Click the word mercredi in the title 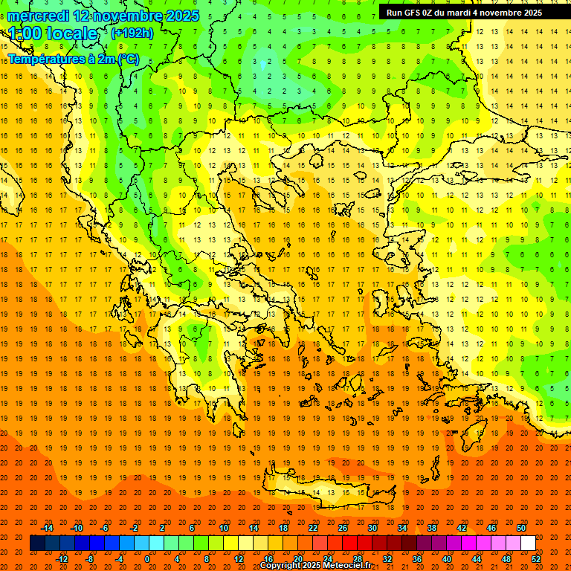click(x=39, y=16)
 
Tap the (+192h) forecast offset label click(x=132, y=33)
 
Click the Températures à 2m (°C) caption click(x=73, y=59)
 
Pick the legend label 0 click(x=147, y=558)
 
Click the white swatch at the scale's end click(x=528, y=543)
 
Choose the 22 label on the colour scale click(x=313, y=528)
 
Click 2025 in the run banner click(x=531, y=13)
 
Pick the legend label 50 click(x=520, y=528)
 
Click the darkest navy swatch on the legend click(x=37, y=543)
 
